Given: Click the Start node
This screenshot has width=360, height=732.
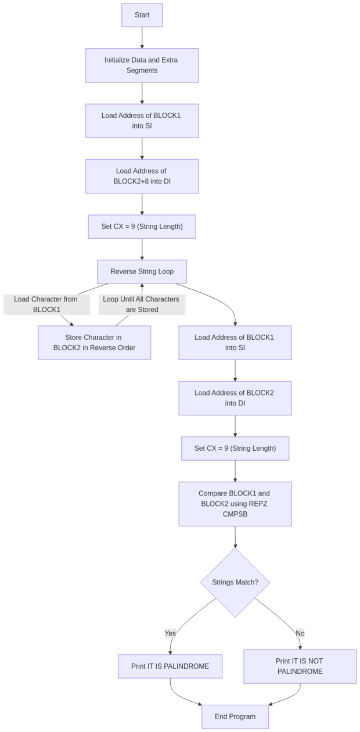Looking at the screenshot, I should point(142,15).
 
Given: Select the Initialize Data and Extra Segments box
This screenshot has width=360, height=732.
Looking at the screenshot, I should point(142,65).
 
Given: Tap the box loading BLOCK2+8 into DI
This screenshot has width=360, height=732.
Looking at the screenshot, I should point(142,176).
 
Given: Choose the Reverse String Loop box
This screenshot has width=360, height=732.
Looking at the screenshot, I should point(142,271).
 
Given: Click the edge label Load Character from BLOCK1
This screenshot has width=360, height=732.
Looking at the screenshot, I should point(46,304).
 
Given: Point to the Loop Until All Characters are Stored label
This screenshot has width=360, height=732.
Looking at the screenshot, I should point(142,304).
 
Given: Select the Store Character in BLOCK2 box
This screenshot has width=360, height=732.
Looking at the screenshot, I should point(94,343).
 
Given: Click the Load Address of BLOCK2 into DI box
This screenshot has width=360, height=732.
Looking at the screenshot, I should point(235,398).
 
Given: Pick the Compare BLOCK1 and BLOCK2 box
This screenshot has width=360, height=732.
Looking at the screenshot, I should point(235,504).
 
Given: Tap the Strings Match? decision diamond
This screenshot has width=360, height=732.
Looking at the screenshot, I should point(235,582).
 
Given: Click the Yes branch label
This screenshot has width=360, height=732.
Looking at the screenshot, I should point(170,633).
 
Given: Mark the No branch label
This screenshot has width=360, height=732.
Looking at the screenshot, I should point(300,633).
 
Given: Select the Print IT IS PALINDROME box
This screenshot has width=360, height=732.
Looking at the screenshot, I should point(170,666).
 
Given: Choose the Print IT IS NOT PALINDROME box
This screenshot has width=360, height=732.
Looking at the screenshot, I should point(300,666).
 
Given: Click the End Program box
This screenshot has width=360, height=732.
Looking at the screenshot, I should point(235,716).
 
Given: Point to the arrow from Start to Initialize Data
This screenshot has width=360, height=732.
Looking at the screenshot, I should point(142,38).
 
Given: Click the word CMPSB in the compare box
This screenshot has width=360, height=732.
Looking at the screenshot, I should point(235,514).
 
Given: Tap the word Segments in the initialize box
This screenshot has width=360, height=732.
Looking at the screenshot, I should point(142,70).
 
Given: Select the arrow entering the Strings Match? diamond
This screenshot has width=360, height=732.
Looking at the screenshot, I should point(235,537).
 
